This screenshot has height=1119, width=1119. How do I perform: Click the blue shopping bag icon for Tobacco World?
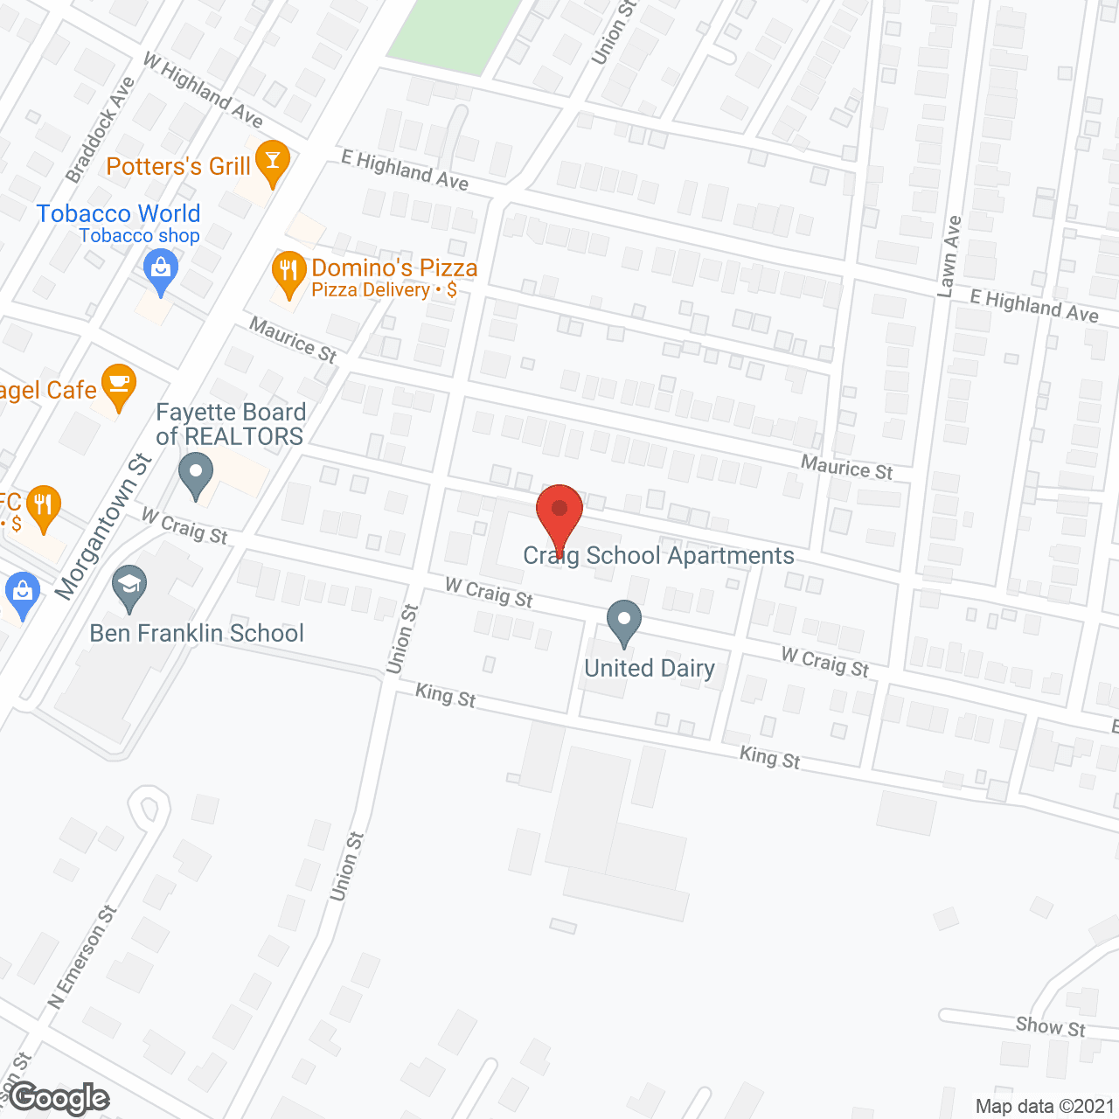click(x=161, y=269)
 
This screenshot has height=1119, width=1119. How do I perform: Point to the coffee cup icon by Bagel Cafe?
click(x=118, y=385)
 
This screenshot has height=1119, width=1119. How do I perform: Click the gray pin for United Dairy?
click(x=623, y=621)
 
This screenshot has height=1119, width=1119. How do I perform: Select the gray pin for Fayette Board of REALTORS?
click(x=196, y=475)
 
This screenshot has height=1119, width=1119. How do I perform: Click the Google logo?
click(x=59, y=1098)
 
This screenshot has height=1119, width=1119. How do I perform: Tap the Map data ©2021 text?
click(x=1045, y=1106)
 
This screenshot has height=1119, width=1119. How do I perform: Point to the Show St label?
click(x=1050, y=1026)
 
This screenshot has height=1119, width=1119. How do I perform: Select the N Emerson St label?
click(x=83, y=957)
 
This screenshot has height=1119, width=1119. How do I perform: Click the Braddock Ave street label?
click(x=101, y=129)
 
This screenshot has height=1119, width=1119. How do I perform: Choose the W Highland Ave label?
click(x=202, y=90)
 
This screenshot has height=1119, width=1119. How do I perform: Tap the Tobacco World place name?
click(x=119, y=213)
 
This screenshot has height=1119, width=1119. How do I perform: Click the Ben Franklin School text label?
click(x=197, y=633)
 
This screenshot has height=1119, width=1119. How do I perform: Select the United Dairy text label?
click(x=650, y=668)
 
